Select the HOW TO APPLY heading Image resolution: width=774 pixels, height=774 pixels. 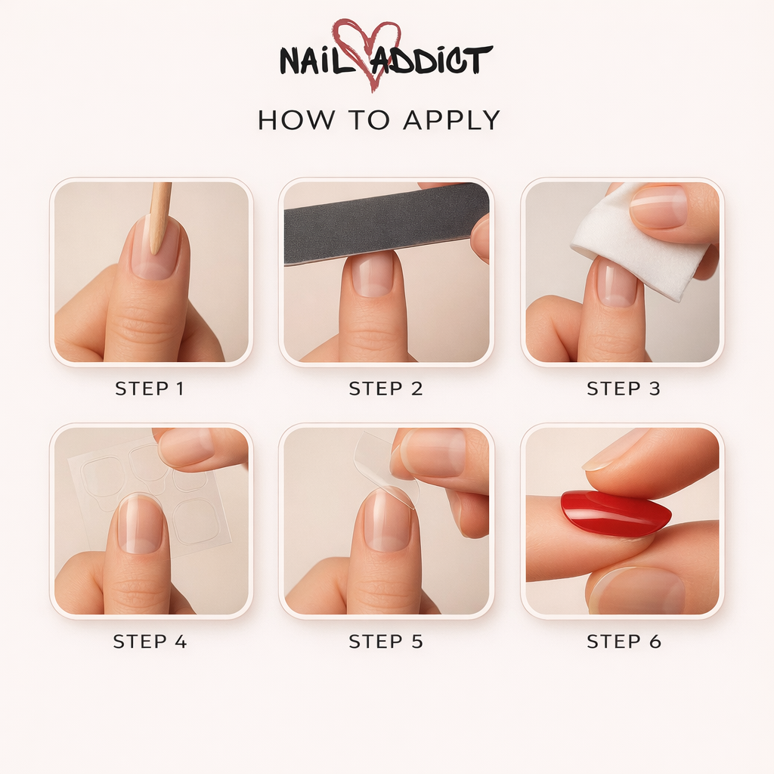tap(379, 120)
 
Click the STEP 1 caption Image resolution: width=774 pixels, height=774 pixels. tap(149, 389)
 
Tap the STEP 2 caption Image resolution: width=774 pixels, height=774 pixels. tap(385, 389)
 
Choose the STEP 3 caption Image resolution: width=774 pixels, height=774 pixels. tap(624, 389)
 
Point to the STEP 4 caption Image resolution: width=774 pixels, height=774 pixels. tap(149, 642)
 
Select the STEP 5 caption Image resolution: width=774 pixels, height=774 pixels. tap(385, 642)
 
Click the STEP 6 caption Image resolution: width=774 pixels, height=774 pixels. tap(624, 642)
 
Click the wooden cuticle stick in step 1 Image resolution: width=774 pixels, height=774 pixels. tap(159, 215)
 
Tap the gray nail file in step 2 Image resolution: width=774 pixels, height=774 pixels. tap(385, 223)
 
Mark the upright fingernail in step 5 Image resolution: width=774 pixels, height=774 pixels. tap(387, 522)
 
